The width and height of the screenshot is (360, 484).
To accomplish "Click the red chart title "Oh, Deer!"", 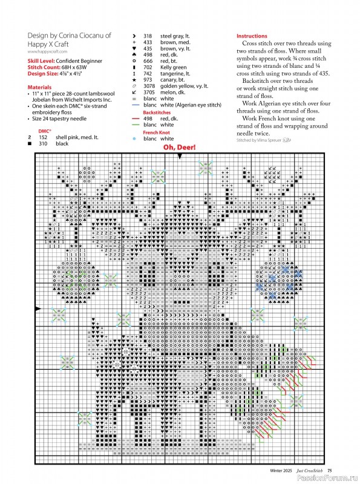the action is [179, 147].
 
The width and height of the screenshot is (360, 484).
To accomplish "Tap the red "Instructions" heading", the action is [251, 36].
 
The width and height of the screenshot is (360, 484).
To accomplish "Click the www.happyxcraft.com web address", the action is [50, 53].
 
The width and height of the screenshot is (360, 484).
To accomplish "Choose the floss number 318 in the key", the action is [148, 36].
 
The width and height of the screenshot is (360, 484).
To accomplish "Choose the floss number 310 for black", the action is [43, 144].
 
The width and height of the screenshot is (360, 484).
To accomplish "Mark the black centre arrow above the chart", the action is [180, 157].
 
